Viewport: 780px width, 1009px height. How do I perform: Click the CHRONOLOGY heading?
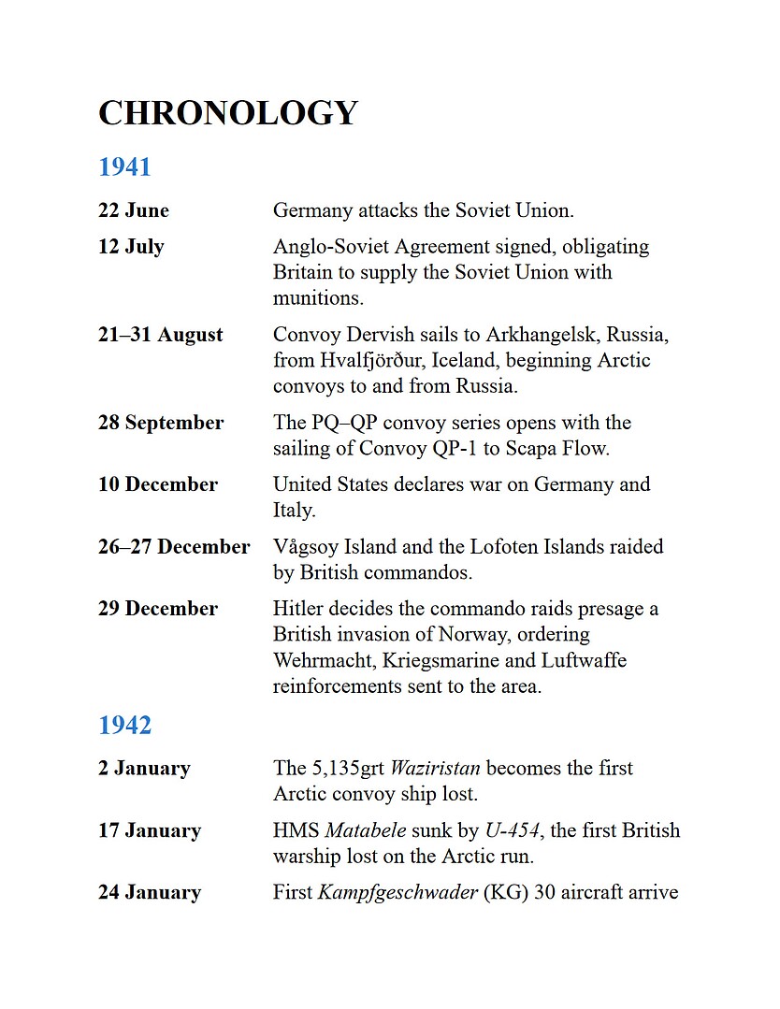(228, 113)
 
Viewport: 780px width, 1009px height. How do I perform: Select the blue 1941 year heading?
(124, 167)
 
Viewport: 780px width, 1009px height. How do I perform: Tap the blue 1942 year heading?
(124, 726)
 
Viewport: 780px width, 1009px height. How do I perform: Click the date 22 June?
(134, 210)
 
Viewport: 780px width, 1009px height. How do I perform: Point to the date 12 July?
(131, 247)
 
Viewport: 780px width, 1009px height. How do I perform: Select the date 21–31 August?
(161, 335)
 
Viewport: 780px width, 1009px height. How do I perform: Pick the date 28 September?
(161, 423)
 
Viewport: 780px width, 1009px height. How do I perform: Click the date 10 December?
(158, 484)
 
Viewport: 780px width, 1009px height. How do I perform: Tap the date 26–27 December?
(174, 546)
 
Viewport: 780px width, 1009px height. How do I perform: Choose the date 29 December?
(158, 609)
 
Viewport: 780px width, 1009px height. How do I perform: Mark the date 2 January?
(144, 769)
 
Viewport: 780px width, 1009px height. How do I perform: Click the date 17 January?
(150, 830)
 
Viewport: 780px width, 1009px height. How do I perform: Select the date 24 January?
(150, 892)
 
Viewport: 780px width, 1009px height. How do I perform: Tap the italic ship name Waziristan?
(435, 769)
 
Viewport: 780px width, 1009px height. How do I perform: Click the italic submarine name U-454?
(511, 830)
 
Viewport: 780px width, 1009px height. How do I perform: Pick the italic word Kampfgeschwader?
(398, 892)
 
